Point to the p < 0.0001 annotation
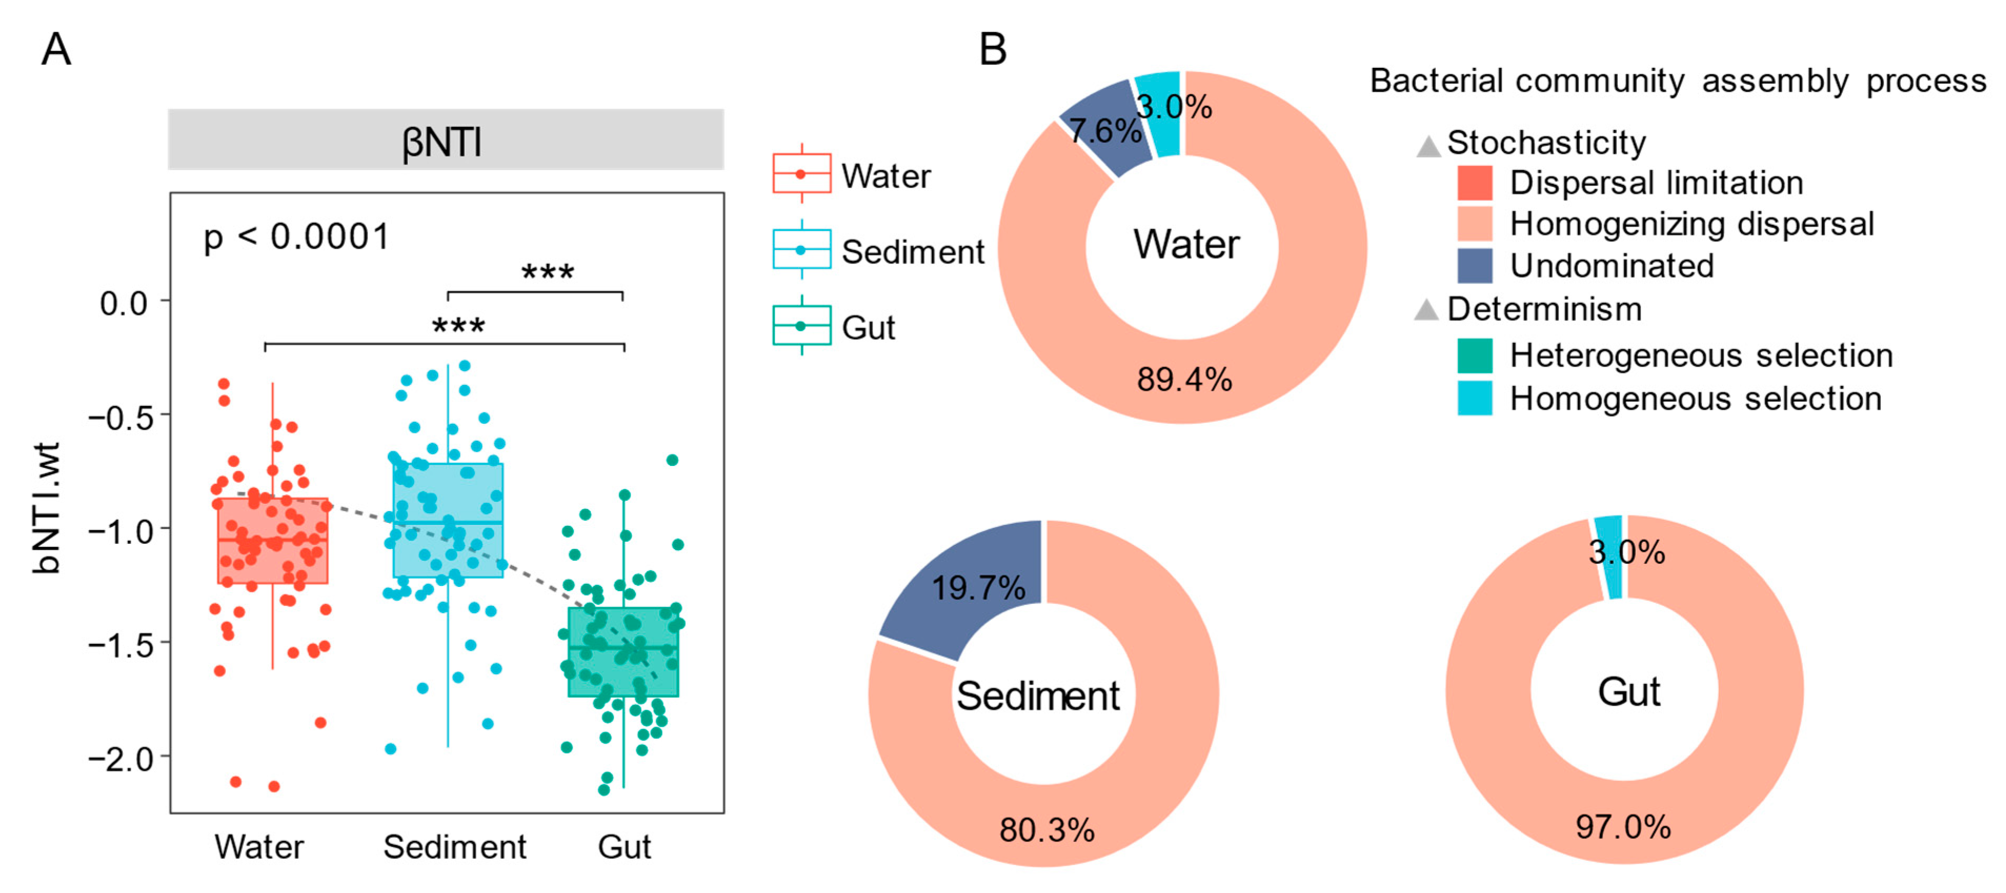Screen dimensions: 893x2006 (x=297, y=237)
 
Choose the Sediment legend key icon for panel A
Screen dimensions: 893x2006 (x=802, y=250)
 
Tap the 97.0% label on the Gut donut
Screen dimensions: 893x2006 (x=1623, y=827)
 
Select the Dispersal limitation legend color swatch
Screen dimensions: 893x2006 (x=1474, y=183)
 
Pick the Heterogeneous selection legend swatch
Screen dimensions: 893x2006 (x=1474, y=356)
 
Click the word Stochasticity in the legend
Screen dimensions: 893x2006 (x=1546, y=143)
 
